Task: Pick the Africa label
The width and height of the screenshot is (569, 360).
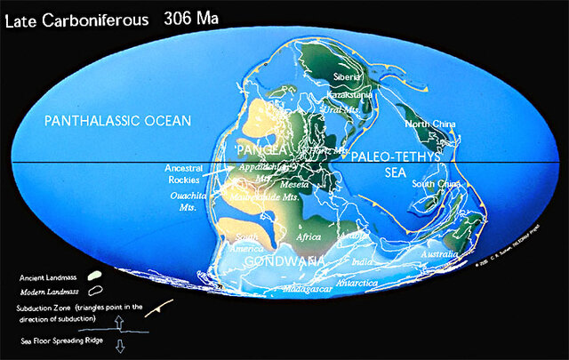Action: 309,237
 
